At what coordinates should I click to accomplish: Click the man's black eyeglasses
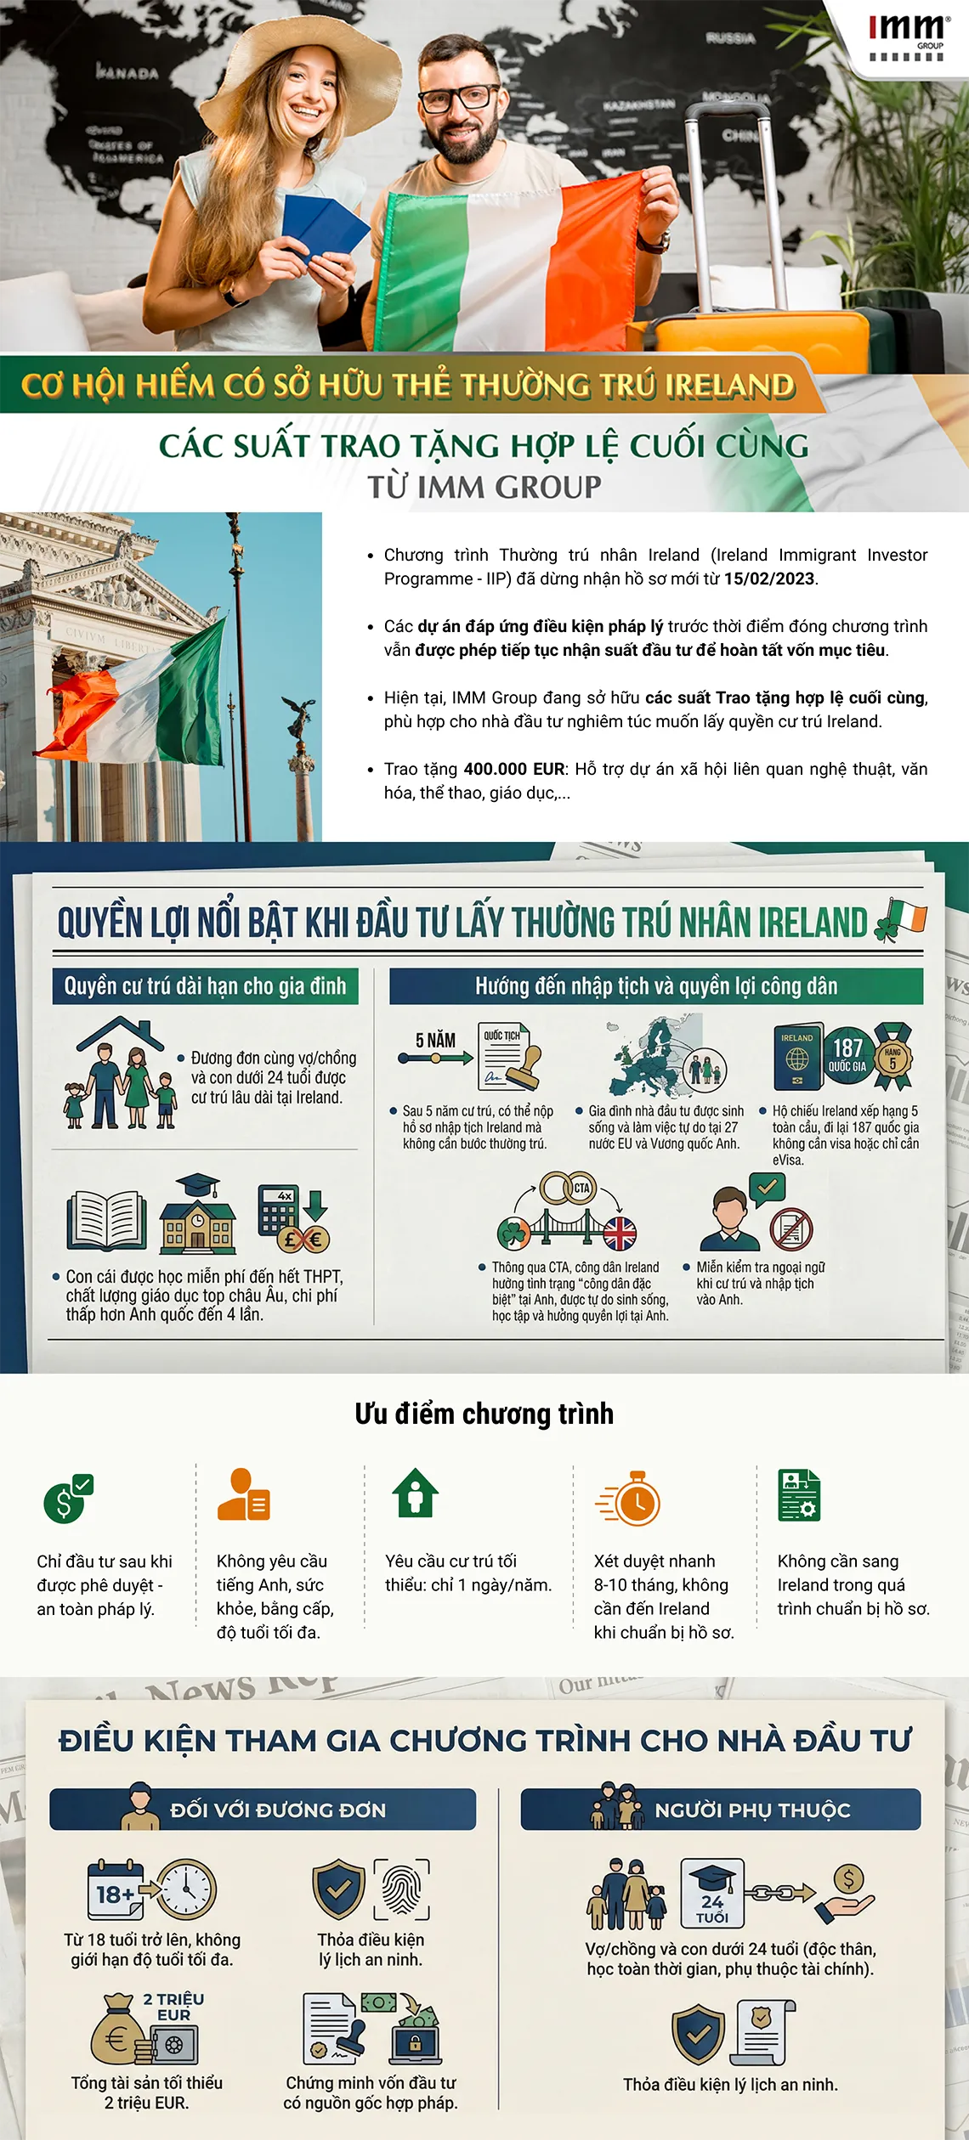[x=460, y=98]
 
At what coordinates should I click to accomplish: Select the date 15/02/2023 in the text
[x=769, y=579]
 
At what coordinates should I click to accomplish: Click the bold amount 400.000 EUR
[x=514, y=769]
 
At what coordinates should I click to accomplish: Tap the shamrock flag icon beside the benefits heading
[x=901, y=920]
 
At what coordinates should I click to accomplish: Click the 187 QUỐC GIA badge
[x=847, y=1055]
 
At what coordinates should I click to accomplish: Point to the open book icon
[x=107, y=1220]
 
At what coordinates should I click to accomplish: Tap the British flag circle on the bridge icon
[x=620, y=1233]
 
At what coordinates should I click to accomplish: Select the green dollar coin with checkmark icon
[x=67, y=1499]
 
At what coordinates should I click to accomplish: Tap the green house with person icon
[x=415, y=1493]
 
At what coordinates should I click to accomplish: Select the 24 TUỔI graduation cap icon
[x=712, y=1892]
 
